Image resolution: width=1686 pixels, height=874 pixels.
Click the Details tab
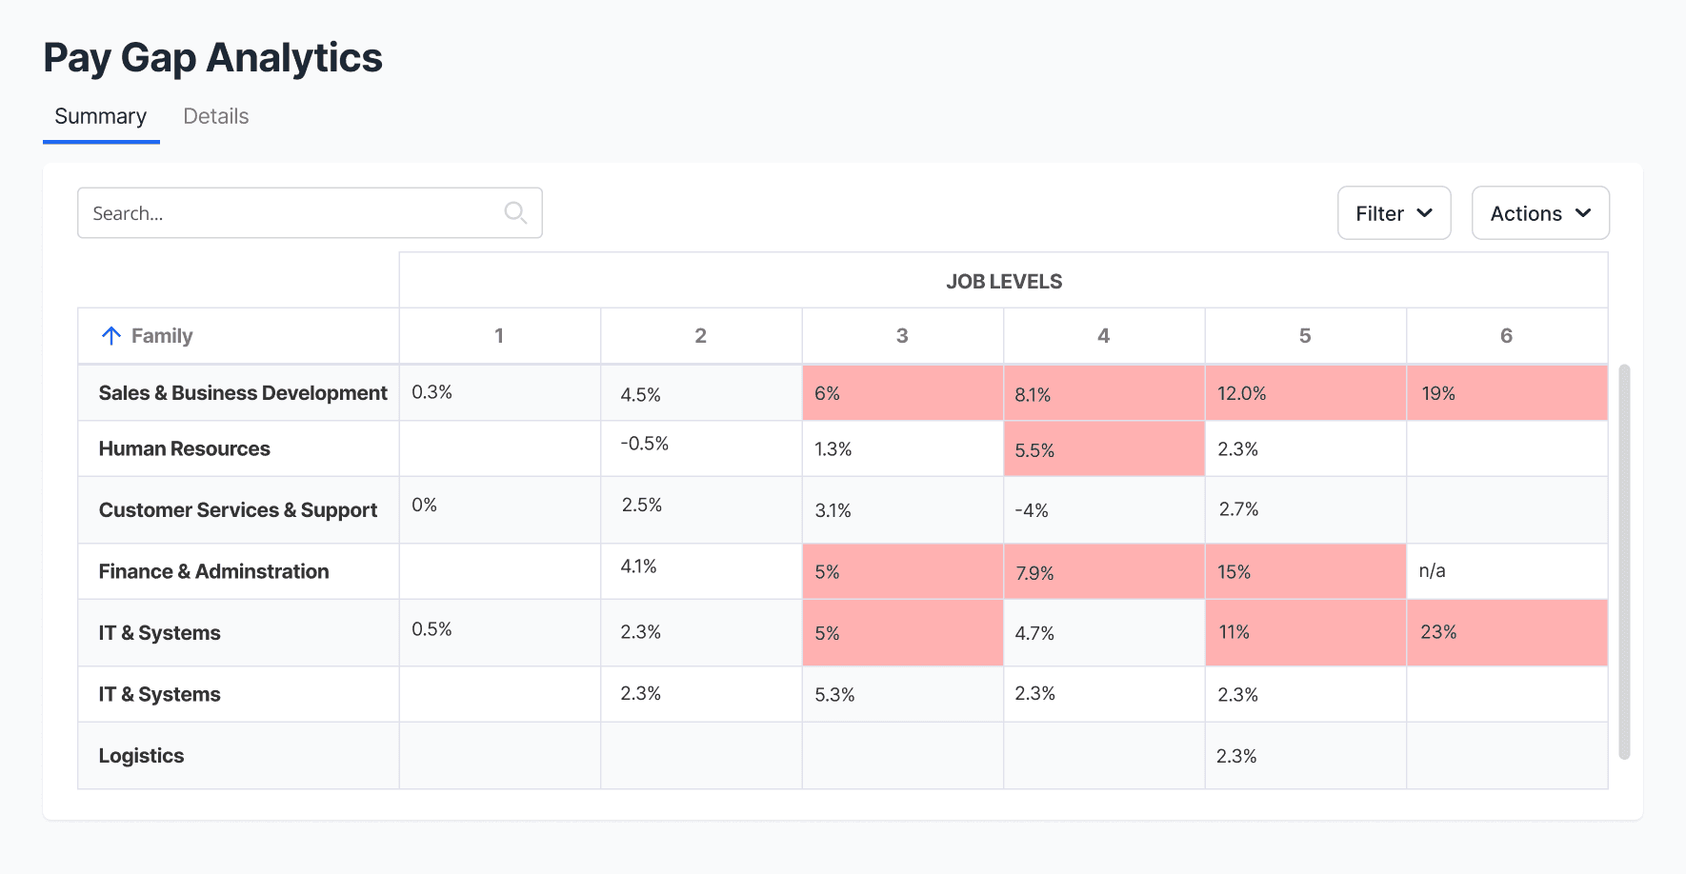[215, 116]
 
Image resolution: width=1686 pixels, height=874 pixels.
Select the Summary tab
[100, 116]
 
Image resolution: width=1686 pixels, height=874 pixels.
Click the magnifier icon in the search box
[515, 212]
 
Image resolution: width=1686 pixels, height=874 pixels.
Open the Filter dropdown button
[1394, 213]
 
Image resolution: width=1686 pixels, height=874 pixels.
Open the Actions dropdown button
[1540, 213]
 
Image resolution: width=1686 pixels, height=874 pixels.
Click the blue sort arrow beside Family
[111, 335]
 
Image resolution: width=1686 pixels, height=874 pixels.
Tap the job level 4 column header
[1103, 335]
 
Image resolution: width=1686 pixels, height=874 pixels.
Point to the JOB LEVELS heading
[1004, 282]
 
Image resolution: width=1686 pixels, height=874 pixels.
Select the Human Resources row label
[185, 448]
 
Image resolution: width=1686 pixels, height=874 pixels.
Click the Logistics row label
[142, 756]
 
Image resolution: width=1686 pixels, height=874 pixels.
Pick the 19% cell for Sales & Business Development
[1507, 393]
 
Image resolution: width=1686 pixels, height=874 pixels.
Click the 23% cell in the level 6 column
[1507, 632]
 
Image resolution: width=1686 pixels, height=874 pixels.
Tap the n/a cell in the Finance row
[1432, 571]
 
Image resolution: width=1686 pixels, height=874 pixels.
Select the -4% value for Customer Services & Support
[1032, 510]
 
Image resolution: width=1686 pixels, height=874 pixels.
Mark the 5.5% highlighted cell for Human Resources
[1104, 449]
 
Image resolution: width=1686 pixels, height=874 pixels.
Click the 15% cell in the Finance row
[1306, 571]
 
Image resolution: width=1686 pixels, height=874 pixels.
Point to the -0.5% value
[645, 444]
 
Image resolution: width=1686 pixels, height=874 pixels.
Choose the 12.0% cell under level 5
[1306, 393]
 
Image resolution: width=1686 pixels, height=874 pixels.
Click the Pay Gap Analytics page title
[213, 58]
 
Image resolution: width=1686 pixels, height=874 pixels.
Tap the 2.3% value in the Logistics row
[1236, 756]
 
